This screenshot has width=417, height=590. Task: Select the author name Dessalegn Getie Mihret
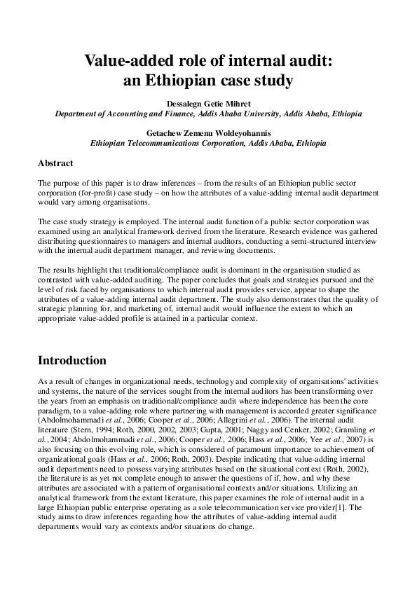pos(208,103)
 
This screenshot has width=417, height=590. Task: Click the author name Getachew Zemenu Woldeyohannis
pos(208,132)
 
